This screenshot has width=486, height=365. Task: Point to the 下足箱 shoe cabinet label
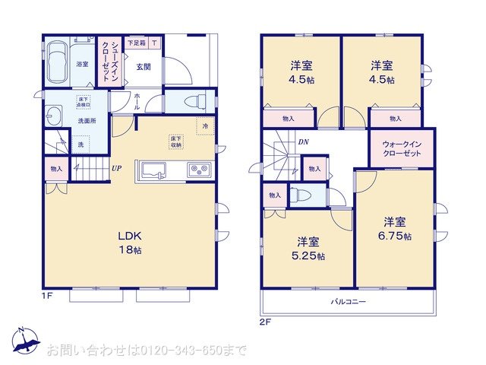(x=137, y=43)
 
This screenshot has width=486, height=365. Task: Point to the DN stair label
(x=302, y=141)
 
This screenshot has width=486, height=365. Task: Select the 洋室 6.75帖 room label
(x=396, y=229)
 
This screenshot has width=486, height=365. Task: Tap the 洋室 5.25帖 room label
(x=308, y=248)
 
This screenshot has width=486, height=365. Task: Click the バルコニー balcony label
(x=348, y=302)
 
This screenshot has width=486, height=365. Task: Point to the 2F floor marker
(x=265, y=320)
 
